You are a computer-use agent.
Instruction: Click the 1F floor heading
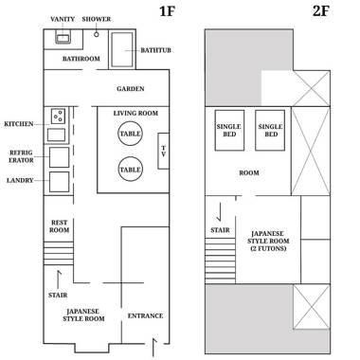pos(167,10)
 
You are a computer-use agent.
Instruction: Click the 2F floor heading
pos(321,10)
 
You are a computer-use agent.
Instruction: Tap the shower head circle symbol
pos(97,34)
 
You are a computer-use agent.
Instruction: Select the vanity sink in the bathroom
pos(63,38)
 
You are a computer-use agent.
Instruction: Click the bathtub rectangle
pos(122,49)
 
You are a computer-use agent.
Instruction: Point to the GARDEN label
pos(131,89)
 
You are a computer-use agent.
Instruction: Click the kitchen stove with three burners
pos(59,116)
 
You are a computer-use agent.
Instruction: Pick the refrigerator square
pos(59,157)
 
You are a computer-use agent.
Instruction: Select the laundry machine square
pos(59,182)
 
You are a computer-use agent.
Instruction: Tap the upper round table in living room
pos(130,134)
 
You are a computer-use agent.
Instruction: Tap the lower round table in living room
pos(130,170)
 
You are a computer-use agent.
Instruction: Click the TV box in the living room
pos(163,151)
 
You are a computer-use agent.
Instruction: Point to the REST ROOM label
pos(59,226)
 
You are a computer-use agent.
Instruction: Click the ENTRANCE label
pos(145,315)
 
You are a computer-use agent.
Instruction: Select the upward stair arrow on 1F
pos(58,280)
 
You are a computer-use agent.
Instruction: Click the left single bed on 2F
pos(229,130)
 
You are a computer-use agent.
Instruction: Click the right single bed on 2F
pos(270,130)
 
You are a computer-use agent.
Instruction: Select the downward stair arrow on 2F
pos(220,212)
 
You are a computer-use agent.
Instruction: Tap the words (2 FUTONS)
pos(268,248)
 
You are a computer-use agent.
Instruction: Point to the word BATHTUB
pos(155,50)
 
